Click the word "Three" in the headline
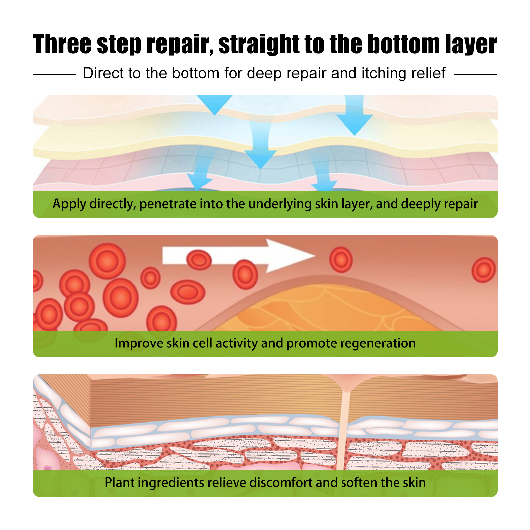click(62, 44)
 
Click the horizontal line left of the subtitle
click(54, 74)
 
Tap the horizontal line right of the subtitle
click(475, 74)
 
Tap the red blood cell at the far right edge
click(484, 270)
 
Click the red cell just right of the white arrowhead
click(341, 259)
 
